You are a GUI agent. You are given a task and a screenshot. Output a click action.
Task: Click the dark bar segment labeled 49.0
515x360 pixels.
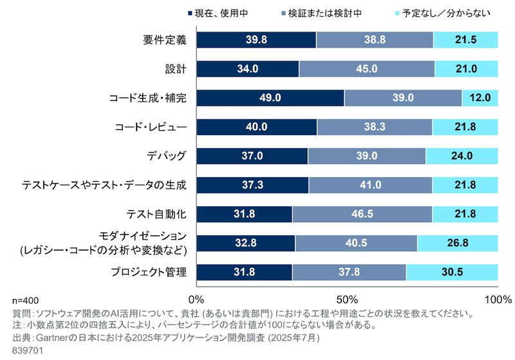(270, 98)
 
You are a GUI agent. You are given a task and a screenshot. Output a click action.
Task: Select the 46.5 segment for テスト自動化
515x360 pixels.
(362, 214)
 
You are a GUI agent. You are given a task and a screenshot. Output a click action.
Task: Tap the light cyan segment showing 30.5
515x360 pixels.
(451, 272)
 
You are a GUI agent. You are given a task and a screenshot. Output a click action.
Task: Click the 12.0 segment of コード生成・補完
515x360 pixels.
(480, 98)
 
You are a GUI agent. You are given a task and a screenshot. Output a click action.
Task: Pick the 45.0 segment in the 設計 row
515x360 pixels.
(366, 69)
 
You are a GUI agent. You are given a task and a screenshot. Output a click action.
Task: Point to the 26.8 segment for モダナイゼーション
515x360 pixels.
(457, 243)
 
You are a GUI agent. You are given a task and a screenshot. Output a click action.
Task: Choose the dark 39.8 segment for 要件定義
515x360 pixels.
(256, 40)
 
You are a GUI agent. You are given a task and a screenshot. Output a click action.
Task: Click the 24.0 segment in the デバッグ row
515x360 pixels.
(462, 156)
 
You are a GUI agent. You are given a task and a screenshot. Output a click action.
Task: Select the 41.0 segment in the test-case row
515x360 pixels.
(370, 185)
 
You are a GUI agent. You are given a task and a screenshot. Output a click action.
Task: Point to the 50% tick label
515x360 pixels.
(347, 300)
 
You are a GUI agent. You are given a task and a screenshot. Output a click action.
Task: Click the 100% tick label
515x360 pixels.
(498, 300)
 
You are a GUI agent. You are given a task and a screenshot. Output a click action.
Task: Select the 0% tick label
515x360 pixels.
(196, 300)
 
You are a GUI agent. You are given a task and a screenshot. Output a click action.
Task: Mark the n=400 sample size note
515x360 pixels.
(26, 301)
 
